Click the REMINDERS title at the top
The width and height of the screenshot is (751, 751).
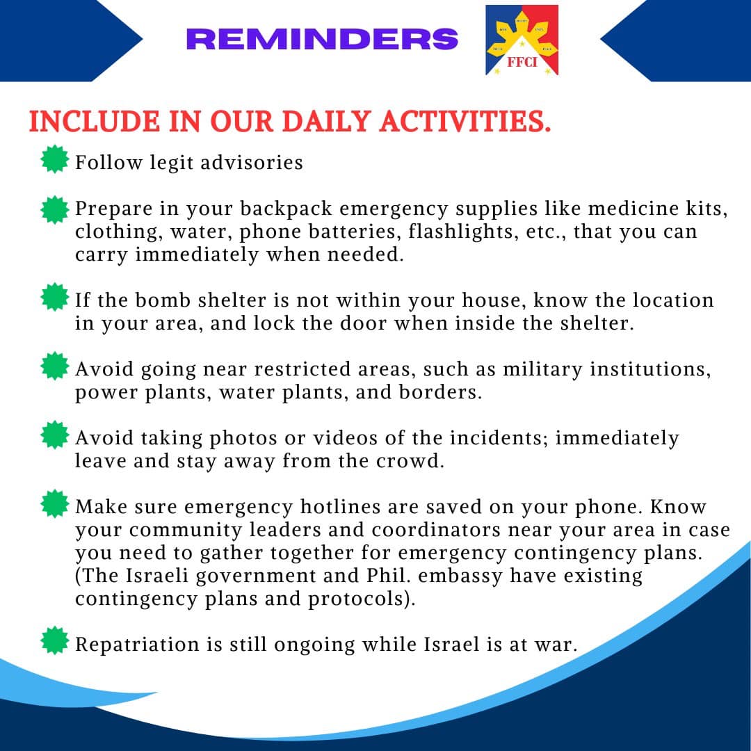click(322, 39)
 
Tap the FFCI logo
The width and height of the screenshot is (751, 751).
click(522, 40)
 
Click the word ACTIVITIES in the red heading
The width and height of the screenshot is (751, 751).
click(465, 121)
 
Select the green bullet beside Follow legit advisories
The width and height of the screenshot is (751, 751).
click(55, 159)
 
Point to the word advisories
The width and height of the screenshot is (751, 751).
click(252, 162)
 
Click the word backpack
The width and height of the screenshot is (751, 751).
click(286, 209)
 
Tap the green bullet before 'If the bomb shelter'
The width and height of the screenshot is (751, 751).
click(55, 297)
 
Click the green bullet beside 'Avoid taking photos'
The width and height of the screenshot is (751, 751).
click(55, 435)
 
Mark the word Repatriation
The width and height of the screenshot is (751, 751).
click(137, 645)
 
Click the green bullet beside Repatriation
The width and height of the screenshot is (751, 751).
click(55, 640)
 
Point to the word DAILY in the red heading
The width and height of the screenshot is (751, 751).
click(326, 121)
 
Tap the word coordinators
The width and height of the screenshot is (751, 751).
click(435, 530)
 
